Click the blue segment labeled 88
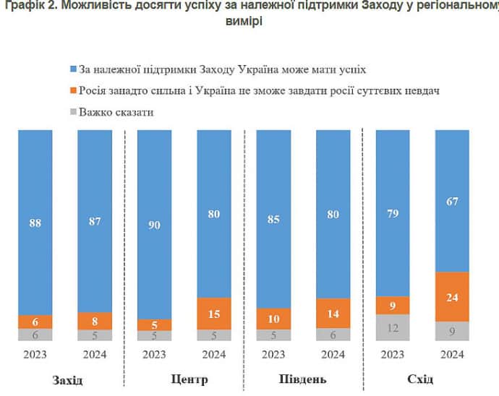point(35,223)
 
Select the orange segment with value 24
point(452,297)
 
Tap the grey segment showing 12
point(393,327)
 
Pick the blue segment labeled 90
point(154,224)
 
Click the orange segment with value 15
point(213,314)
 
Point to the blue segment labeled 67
point(452,201)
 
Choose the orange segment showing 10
point(273,318)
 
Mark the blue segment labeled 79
point(393,213)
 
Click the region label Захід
point(67,380)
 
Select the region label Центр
point(189,380)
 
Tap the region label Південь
point(302,380)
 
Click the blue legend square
point(72,70)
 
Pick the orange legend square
point(72,91)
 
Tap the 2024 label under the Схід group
point(452,354)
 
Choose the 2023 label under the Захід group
point(35,354)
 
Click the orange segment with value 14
point(333,314)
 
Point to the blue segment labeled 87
point(95,221)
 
